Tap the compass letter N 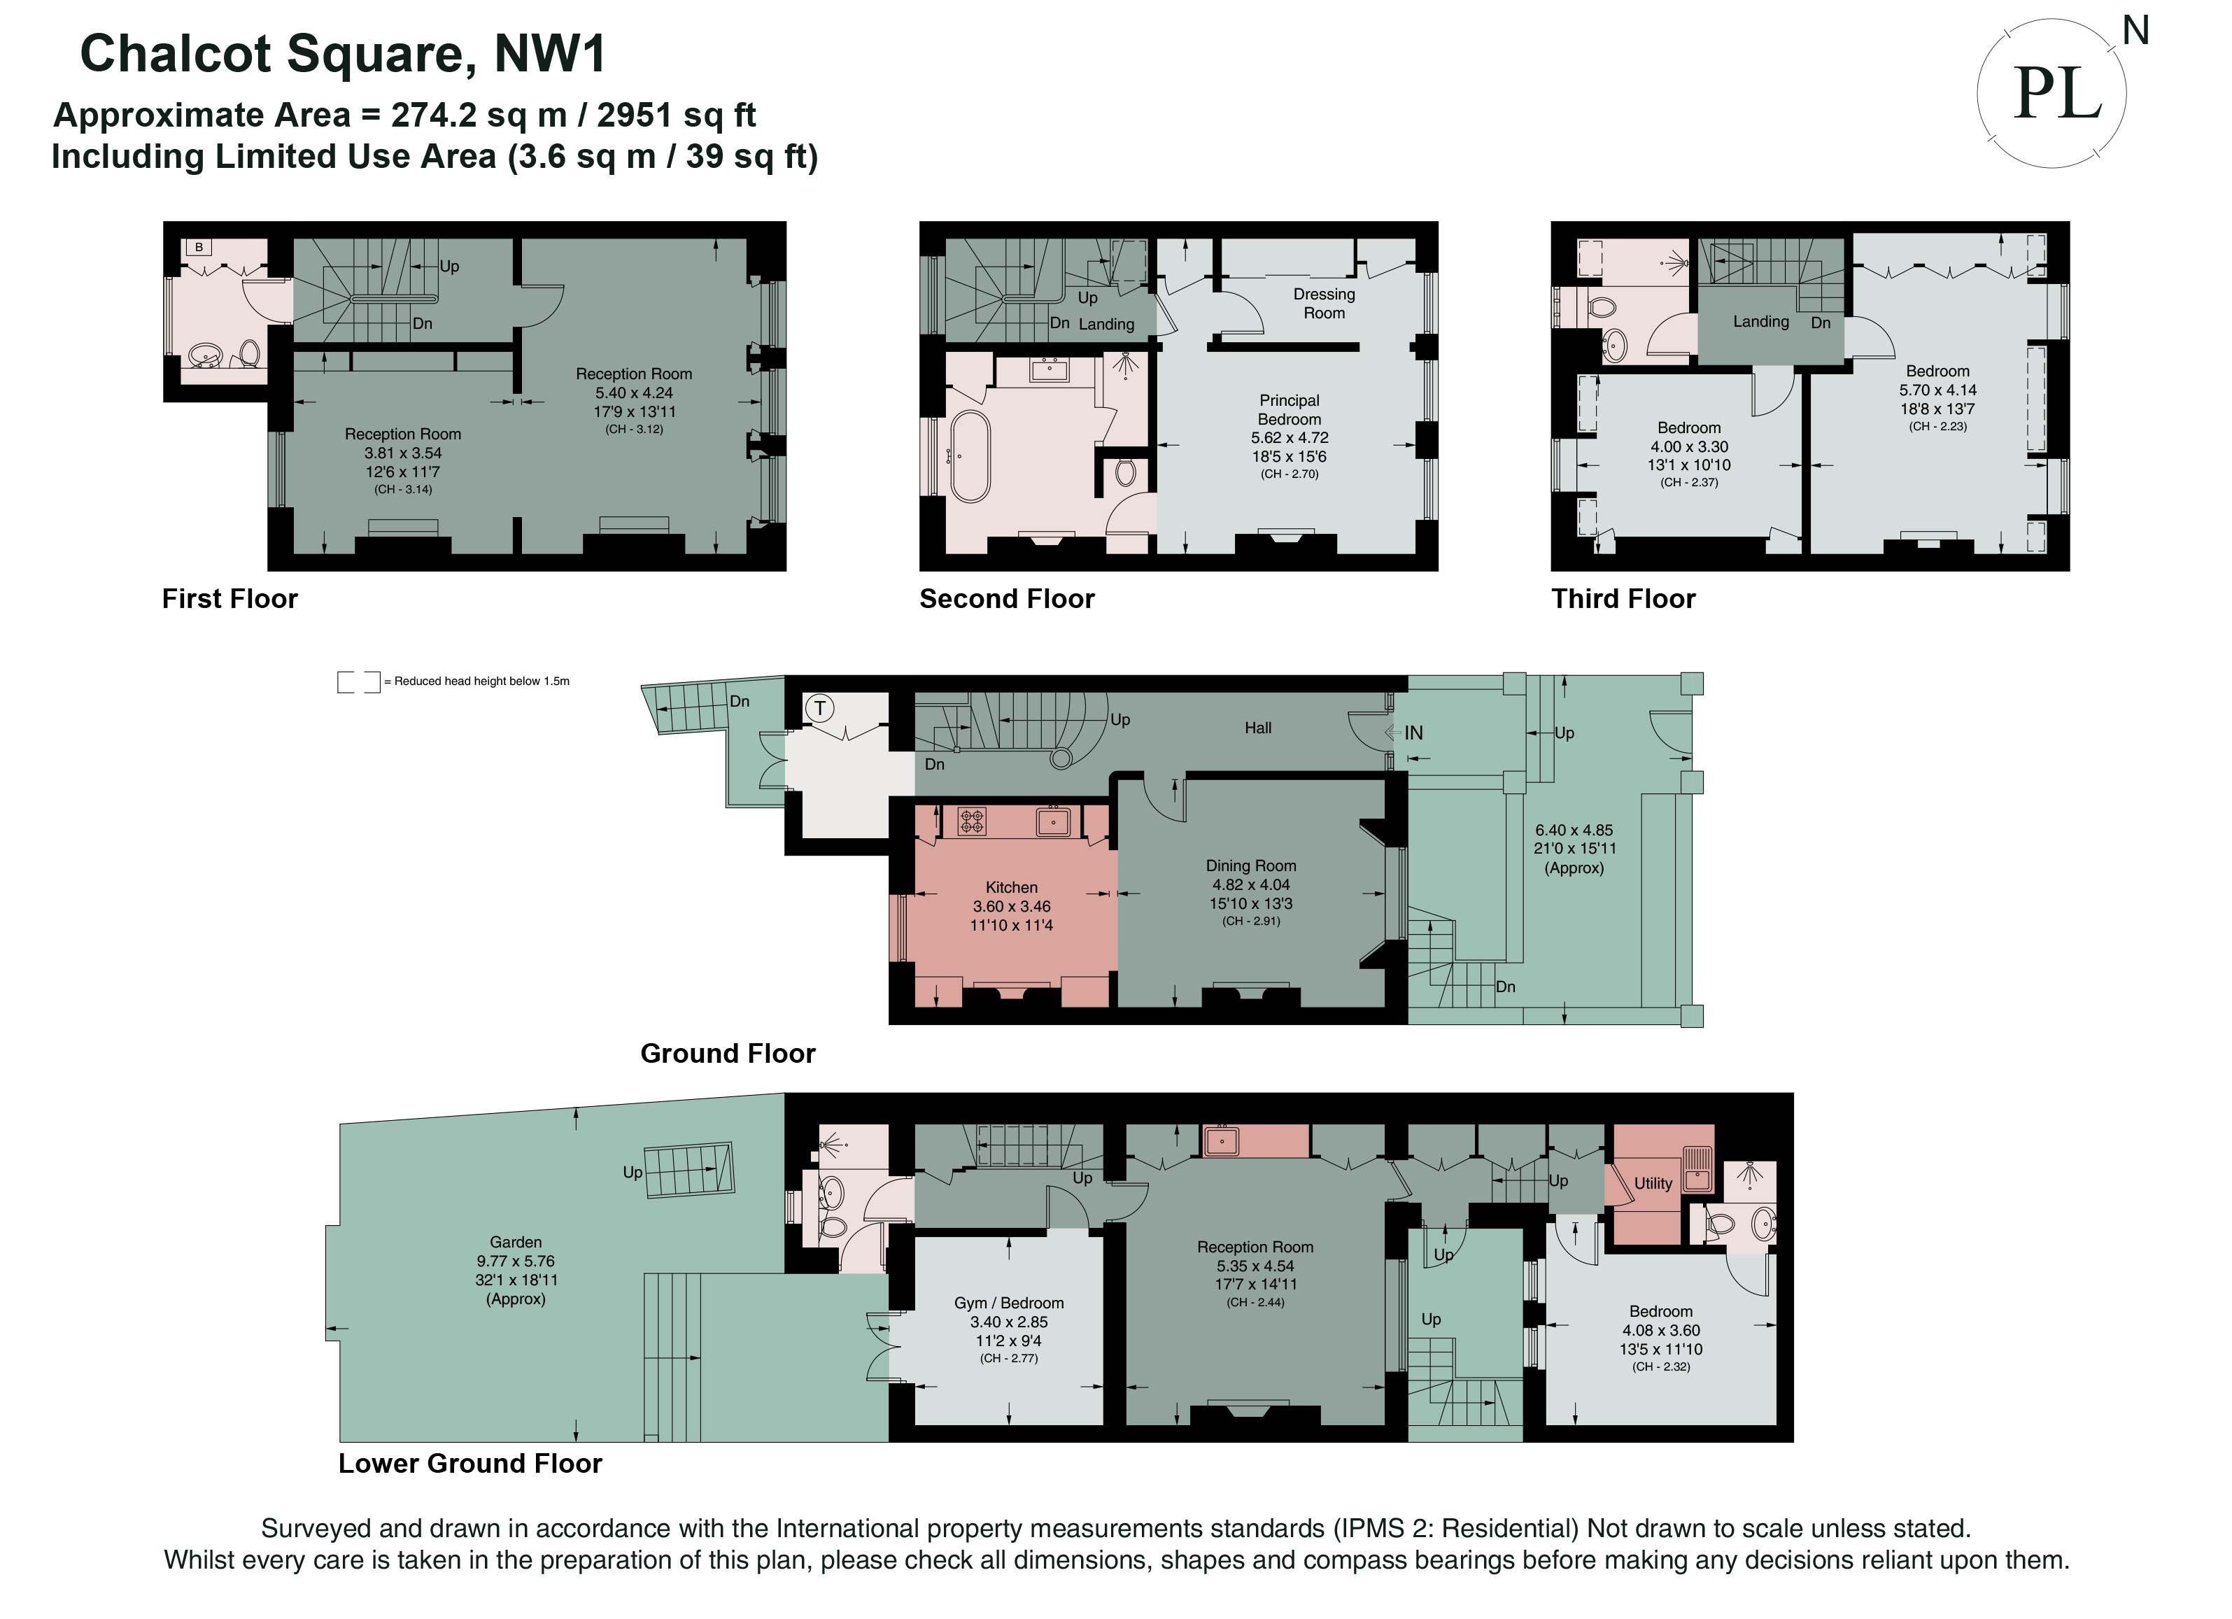(2135, 31)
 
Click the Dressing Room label (1324, 303)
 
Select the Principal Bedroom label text (1290, 409)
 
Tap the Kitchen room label (1012, 886)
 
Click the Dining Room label (1251, 865)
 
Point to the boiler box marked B (199, 247)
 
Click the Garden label (516, 1242)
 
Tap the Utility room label (1653, 1183)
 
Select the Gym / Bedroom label (1009, 1302)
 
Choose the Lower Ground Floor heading (469, 1464)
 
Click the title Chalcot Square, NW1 (342, 53)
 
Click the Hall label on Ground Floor (1258, 728)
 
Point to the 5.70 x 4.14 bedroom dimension (1937, 390)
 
